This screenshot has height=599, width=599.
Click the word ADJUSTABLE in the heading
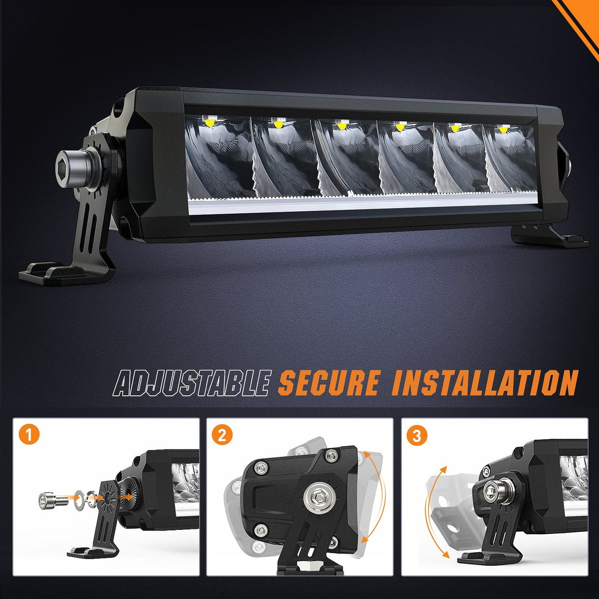(x=191, y=383)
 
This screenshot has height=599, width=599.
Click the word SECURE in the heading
(x=329, y=383)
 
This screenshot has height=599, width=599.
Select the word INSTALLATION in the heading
(x=485, y=383)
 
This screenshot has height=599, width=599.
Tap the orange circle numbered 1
(x=29, y=435)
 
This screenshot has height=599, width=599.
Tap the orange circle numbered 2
(x=222, y=435)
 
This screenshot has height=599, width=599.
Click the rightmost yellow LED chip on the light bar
(x=503, y=128)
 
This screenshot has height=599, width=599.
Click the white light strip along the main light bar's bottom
(x=361, y=204)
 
